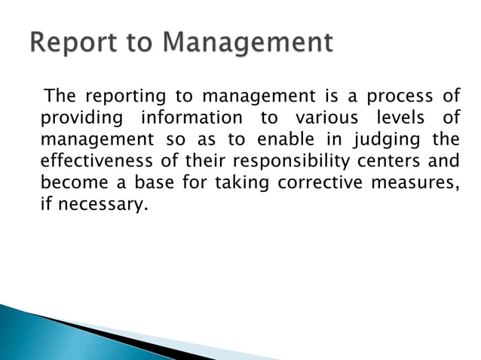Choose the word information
coord(189,119)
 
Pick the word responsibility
coord(292,161)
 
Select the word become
coord(72,182)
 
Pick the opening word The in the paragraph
coord(60,98)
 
